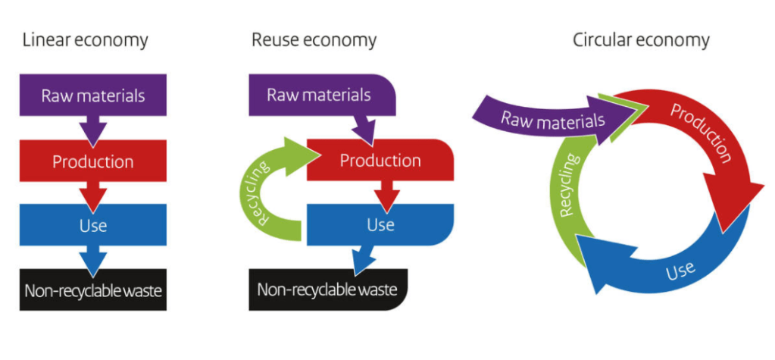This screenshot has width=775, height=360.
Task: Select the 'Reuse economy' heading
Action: click(x=314, y=39)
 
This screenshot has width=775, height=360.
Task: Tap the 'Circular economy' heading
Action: click(x=641, y=39)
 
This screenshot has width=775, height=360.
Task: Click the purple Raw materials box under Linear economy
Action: click(x=92, y=95)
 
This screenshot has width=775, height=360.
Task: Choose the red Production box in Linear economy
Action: click(x=92, y=161)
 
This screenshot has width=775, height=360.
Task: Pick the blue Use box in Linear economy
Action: click(x=92, y=225)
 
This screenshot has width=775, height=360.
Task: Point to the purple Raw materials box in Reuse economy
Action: click(x=319, y=95)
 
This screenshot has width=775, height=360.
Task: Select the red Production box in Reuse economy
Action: click(x=380, y=161)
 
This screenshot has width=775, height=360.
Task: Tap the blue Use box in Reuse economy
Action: click(x=380, y=225)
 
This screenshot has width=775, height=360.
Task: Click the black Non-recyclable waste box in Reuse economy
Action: click(x=327, y=290)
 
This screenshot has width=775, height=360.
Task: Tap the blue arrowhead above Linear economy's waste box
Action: click(x=92, y=261)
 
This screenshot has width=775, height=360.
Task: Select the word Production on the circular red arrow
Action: click(x=701, y=133)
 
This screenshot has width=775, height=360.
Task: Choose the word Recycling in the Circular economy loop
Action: click(x=570, y=186)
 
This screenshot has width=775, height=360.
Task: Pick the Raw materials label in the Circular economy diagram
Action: click(x=553, y=120)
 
